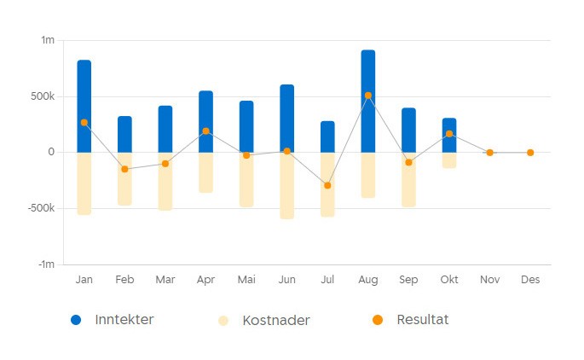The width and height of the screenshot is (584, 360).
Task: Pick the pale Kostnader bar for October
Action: tap(449, 160)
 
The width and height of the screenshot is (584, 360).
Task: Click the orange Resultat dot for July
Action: tap(327, 185)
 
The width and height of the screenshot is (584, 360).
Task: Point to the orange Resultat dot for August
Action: tap(368, 96)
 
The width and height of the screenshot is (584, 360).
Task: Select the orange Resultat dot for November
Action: tap(489, 153)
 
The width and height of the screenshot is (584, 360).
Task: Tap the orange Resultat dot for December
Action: tap(530, 153)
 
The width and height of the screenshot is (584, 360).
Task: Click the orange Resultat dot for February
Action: tap(124, 169)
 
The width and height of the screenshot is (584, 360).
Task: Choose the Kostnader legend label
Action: tap(275, 321)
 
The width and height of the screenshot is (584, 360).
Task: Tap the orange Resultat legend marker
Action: tap(378, 320)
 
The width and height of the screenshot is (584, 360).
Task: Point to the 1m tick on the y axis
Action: tap(48, 40)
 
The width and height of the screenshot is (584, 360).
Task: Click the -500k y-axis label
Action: tap(40, 208)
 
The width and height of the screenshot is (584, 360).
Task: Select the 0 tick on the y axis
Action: tap(51, 152)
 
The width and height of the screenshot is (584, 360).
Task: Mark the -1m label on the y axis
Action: tap(46, 264)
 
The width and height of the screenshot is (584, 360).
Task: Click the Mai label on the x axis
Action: tap(246, 279)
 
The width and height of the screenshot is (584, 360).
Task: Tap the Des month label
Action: tap(530, 279)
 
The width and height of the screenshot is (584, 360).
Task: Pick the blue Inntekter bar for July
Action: tap(327, 136)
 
